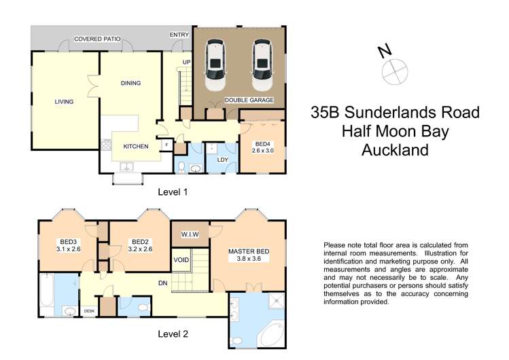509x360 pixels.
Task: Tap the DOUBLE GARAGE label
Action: point(249,100)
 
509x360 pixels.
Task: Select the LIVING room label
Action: point(64,102)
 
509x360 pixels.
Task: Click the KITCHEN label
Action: point(136,146)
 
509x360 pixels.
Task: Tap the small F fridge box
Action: point(167,145)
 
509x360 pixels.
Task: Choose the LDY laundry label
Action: point(222,160)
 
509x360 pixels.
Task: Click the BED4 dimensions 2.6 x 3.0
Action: point(262,151)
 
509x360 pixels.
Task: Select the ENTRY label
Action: point(179,34)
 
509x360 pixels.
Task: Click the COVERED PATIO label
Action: point(97,39)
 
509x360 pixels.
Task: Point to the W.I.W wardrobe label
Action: point(190,235)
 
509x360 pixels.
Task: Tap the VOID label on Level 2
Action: point(181,259)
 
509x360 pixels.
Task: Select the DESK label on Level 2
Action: point(89,311)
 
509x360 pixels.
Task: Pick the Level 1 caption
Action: point(173,192)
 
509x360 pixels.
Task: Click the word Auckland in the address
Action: point(395,150)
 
